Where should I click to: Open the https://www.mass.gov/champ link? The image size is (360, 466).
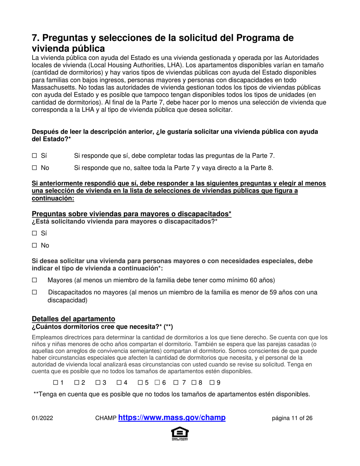(172, 418)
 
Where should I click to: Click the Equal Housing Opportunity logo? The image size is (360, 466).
(180, 434)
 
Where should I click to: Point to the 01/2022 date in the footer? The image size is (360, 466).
(42, 419)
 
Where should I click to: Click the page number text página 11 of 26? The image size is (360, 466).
(292, 419)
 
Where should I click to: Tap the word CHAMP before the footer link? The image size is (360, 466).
(106, 419)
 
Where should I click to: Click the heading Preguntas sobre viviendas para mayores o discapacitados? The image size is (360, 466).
(131, 214)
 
